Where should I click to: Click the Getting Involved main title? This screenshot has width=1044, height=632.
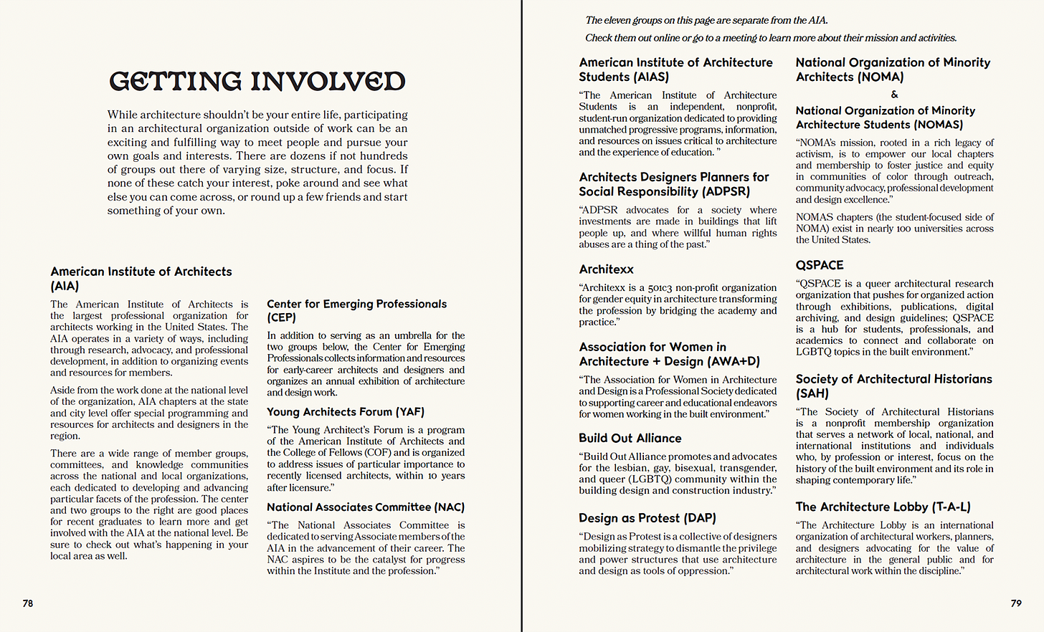[x=257, y=81]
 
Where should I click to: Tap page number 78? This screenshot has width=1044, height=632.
[x=28, y=603]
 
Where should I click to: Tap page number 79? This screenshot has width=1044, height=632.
[x=1016, y=603]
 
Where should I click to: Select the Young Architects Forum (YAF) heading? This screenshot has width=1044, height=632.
[x=346, y=412]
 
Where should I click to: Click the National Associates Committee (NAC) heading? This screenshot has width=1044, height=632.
[x=366, y=507]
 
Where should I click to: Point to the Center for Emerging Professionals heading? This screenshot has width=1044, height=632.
[x=356, y=310]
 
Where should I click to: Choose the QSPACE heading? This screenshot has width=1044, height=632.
[x=820, y=265]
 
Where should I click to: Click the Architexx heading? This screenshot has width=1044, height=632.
[x=606, y=269]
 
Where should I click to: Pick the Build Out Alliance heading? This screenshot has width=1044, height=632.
[x=630, y=439]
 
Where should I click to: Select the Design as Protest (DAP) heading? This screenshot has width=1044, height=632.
[x=647, y=518]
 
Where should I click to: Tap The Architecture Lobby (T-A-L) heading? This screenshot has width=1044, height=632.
[x=883, y=507]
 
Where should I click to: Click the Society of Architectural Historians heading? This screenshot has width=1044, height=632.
[x=893, y=386]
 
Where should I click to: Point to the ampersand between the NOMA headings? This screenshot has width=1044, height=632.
[x=894, y=95]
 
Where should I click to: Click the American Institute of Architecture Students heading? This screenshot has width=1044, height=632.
[x=675, y=70]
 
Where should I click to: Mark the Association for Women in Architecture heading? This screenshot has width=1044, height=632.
[x=669, y=354]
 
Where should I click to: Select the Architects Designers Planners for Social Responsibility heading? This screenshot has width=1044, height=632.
[x=673, y=184]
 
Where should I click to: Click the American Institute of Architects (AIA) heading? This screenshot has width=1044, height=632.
[x=141, y=279]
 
